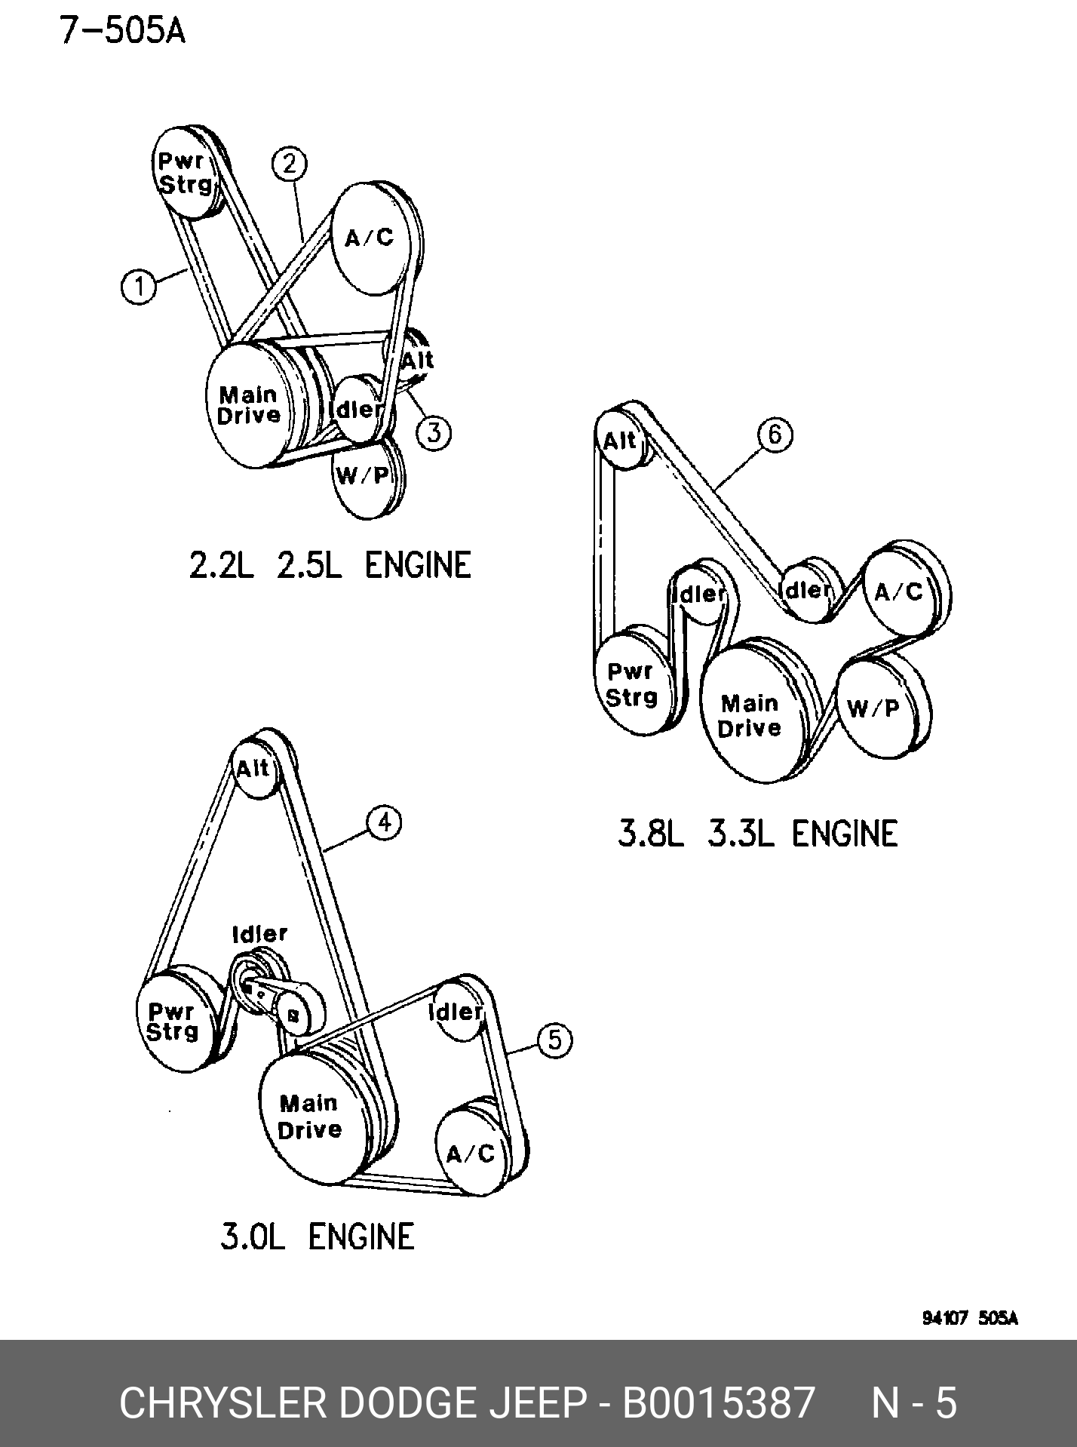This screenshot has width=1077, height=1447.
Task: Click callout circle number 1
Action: pos(139,287)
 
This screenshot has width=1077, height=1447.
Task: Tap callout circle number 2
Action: pos(289,164)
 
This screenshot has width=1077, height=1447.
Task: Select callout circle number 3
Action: pos(434,433)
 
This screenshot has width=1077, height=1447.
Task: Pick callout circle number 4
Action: pos(385,822)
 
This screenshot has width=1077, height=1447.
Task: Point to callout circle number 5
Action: pos(555,1040)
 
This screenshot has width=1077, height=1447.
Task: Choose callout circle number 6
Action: pos(775,435)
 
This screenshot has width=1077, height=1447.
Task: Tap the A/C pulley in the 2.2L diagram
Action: pos(375,238)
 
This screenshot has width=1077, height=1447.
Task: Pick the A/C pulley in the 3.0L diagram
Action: pos(474,1150)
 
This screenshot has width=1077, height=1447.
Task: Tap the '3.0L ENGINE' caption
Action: pos(318,1237)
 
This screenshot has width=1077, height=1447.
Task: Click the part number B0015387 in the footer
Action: pos(718,1402)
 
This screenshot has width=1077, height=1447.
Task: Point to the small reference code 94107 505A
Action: pos(970,1318)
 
